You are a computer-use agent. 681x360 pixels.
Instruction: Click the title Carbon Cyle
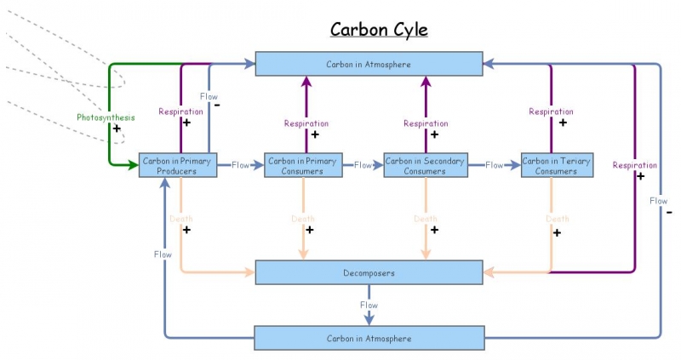pos(379,30)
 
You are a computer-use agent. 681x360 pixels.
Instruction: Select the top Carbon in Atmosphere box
pos(369,63)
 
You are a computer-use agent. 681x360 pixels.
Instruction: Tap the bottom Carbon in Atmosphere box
pos(369,338)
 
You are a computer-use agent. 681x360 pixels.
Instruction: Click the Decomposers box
pos(369,272)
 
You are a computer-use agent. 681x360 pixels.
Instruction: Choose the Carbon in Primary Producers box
pos(179,165)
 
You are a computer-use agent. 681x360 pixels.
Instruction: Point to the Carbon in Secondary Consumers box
pos(425,165)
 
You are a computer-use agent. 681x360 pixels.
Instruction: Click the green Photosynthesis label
pos(105,117)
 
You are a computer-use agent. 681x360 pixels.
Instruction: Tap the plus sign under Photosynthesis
pos(117,129)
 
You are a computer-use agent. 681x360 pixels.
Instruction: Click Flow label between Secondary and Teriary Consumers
pos(495,165)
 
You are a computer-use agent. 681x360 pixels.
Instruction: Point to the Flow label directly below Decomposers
pos(369,305)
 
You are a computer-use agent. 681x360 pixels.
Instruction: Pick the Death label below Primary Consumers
pos(303,219)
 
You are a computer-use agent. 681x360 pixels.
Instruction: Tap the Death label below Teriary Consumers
pos(557,219)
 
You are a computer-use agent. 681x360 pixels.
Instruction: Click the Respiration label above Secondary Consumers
pos(426,123)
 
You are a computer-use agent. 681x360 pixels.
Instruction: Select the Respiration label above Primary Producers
pos(180,111)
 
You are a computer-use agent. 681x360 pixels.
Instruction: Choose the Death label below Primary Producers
pos(180,219)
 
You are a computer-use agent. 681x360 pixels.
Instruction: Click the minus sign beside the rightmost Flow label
pos(670,211)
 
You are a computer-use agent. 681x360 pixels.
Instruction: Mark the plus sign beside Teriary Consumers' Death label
pos(557,231)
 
